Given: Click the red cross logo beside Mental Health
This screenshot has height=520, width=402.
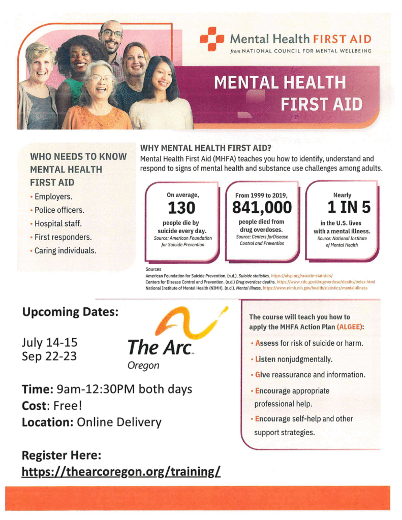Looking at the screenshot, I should click(x=211, y=39).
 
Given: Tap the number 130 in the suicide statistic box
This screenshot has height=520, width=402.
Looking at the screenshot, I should click(x=181, y=208).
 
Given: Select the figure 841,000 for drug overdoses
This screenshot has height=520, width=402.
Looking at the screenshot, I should click(x=262, y=207).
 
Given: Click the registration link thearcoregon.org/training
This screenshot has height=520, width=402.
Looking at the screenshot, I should click(x=121, y=472).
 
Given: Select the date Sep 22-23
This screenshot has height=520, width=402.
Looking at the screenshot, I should click(x=49, y=356).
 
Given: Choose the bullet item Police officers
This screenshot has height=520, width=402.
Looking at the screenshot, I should click(x=59, y=210).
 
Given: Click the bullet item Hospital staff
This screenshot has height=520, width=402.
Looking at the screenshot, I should click(x=58, y=223).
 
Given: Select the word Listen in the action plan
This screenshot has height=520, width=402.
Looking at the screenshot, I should click(x=265, y=359).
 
